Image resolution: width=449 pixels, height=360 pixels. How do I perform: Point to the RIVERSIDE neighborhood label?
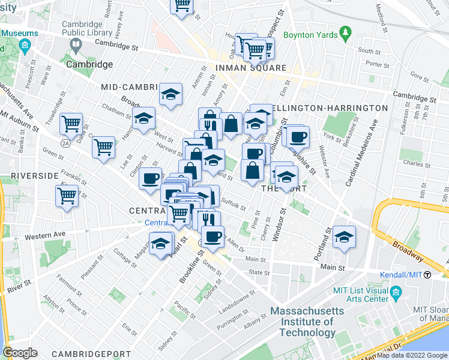34,176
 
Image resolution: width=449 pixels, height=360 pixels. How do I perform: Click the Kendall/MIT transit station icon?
427,275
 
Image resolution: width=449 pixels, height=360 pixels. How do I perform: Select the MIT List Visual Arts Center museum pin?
396,293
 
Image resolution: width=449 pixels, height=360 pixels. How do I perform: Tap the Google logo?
20,353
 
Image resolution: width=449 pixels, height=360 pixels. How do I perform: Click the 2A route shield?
65,143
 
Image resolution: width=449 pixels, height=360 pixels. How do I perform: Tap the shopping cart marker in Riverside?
67,195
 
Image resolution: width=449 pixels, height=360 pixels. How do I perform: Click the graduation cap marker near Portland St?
345,236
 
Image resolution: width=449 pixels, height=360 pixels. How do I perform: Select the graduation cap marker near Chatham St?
144,118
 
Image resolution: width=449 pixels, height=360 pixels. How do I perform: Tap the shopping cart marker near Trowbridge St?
71,124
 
